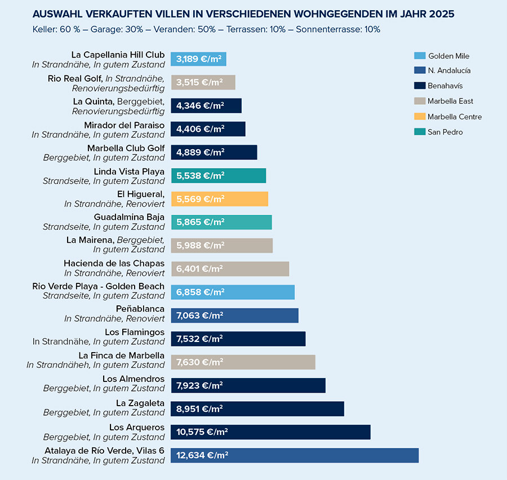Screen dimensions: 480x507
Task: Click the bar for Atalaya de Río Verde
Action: [x=295, y=455]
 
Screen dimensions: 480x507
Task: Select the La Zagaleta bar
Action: [x=257, y=408]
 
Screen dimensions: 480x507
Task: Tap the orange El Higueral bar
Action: [x=220, y=199]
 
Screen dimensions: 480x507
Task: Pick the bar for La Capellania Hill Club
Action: [x=198, y=59]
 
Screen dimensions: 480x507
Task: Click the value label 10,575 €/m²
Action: [x=202, y=432]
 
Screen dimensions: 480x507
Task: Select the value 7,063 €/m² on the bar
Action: [x=199, y=315]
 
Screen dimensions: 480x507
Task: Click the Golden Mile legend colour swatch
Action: [x=420, y=56]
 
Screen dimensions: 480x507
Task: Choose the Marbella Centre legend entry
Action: [x=454, y=117]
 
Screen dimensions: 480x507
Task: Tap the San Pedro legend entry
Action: [x=445, y=132]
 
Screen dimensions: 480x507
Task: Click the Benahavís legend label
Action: [x=445, y=86]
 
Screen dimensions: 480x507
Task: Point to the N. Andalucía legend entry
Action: [x=449, y=71]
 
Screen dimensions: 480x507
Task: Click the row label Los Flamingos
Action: [x=135, y=332]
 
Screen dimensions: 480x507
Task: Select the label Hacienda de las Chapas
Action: [x=114, y=263]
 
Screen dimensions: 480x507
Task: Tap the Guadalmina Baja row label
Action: [x=129, y=217]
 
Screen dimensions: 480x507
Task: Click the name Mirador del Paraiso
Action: [x=124, y=125]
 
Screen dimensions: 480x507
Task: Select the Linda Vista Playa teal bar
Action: [x=219, y=176]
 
